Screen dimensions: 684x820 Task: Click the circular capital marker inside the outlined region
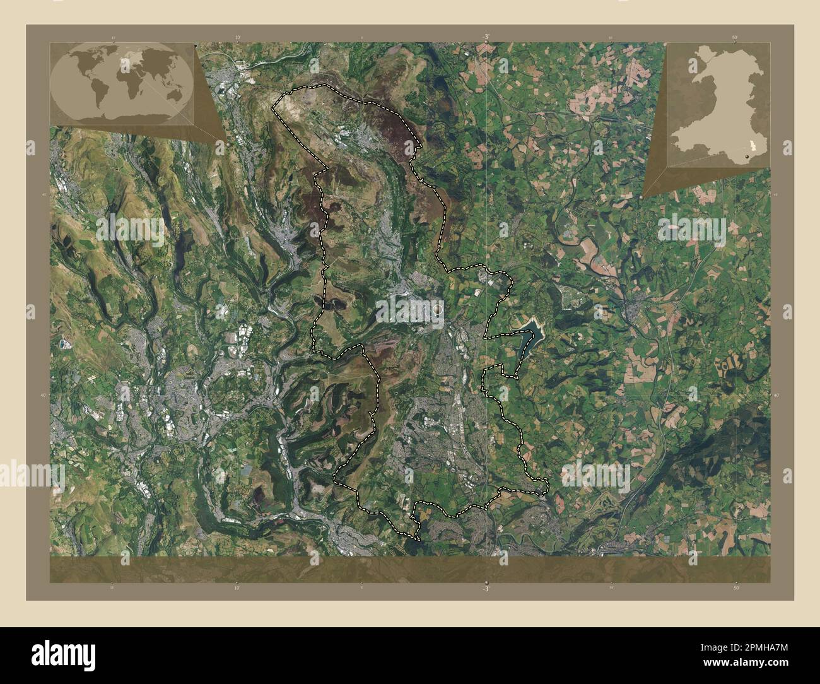click(438, 309)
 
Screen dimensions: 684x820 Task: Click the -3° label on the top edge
click(486, 37)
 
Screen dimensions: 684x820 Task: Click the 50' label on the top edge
click(735, 37)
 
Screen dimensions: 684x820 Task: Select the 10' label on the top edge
click(237, 37)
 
